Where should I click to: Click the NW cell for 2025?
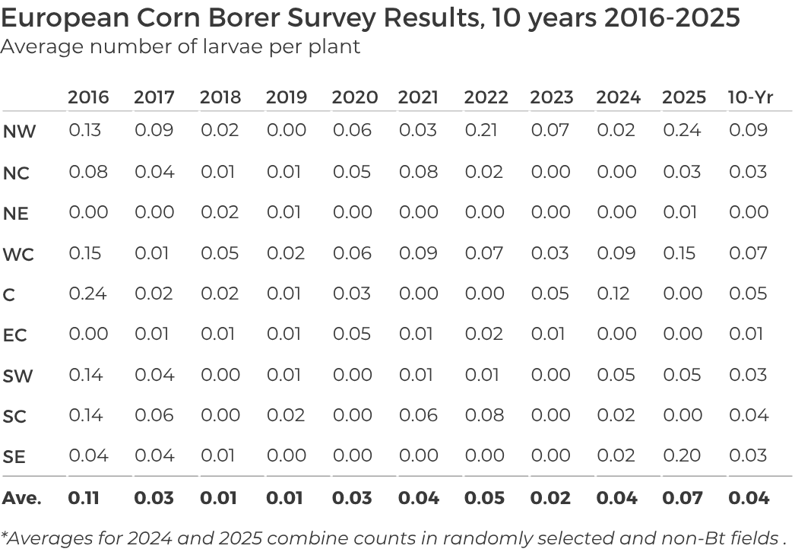pyautogui.click(x=682, y=130)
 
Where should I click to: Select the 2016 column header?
pyautogui.click(x=88, y=97)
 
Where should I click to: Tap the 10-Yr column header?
pyautogui.click(x=750, y=97)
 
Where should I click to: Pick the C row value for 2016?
pyautogui.click(x=87, y=293)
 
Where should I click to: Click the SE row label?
pyautogui.click(x=14, y=457)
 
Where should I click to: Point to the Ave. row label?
pyautogui.click(x=21, y=499)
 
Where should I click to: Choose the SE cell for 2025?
pyautogui.click(x=682, y=455)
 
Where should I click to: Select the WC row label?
pyautogui.click(x=18, y=254)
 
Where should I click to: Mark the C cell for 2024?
pyautogui.click(x=615, y=293)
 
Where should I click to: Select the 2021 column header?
pyautogui.click(x=418, y=97)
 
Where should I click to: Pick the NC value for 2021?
pyautogui.click(x=418, y=171)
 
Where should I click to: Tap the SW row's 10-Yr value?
pyautogui.click(x=749, y=374)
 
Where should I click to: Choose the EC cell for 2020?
pyautogui.click(x=352, y=334)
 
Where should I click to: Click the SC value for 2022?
pyautogui.click(x=484, y=415)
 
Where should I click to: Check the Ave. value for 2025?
pyautogui.click(x=682, y=499)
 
